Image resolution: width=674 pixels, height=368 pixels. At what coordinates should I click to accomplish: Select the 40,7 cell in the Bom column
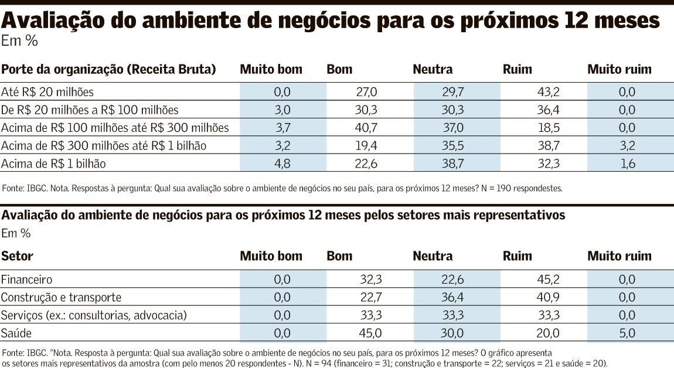click(366, 128)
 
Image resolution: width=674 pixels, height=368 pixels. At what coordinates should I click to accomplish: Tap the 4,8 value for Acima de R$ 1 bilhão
click(282, 164)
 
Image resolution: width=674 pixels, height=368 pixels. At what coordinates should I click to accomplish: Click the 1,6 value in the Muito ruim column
click(627, 164)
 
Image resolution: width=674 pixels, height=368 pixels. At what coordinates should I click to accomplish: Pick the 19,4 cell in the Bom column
click(366, 146)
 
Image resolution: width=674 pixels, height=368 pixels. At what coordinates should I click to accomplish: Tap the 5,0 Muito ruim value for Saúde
click(627, 333)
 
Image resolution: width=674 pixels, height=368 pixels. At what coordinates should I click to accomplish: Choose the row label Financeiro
click(27, 280)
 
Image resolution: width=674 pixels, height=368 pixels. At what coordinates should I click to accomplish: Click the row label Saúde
click(16, 333)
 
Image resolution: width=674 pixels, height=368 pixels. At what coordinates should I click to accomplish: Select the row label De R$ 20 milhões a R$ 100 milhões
click(90, 110)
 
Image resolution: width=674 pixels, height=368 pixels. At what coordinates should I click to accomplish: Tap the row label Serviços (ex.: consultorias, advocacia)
click(94, 316)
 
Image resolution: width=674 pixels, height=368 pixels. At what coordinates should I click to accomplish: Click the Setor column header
click(17, 256)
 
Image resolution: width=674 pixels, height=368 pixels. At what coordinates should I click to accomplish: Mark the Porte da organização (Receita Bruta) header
click(108, 70)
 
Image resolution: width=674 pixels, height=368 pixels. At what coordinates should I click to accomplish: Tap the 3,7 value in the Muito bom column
click(282, 128)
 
